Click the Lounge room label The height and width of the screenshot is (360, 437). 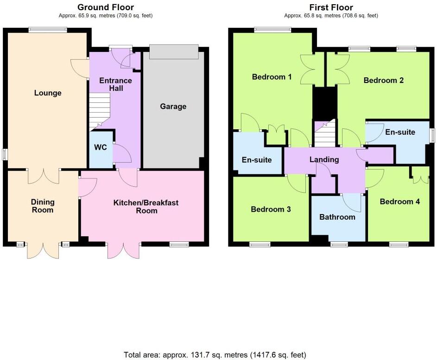point(48,93)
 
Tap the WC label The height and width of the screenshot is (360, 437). point(101,148)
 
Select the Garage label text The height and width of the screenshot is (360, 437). point(173,107)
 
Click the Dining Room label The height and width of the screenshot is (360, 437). point(43,206)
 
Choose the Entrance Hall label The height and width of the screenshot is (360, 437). point(116,84)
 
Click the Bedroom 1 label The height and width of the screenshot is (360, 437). point(272,77)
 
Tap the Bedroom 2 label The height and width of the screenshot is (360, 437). point(383,80)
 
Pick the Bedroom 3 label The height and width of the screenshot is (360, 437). point(271,209)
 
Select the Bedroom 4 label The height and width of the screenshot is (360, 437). point(399,202)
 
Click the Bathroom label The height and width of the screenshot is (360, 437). point(337,217)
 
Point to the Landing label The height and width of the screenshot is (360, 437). point(324,160)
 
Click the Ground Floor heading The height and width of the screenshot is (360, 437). point(106,7)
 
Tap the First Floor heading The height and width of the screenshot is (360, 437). point(331,7)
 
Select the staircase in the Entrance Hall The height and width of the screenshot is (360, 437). point(99,110)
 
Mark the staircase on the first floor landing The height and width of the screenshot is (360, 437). point(324,134)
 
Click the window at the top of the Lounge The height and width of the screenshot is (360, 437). point(47,30)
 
